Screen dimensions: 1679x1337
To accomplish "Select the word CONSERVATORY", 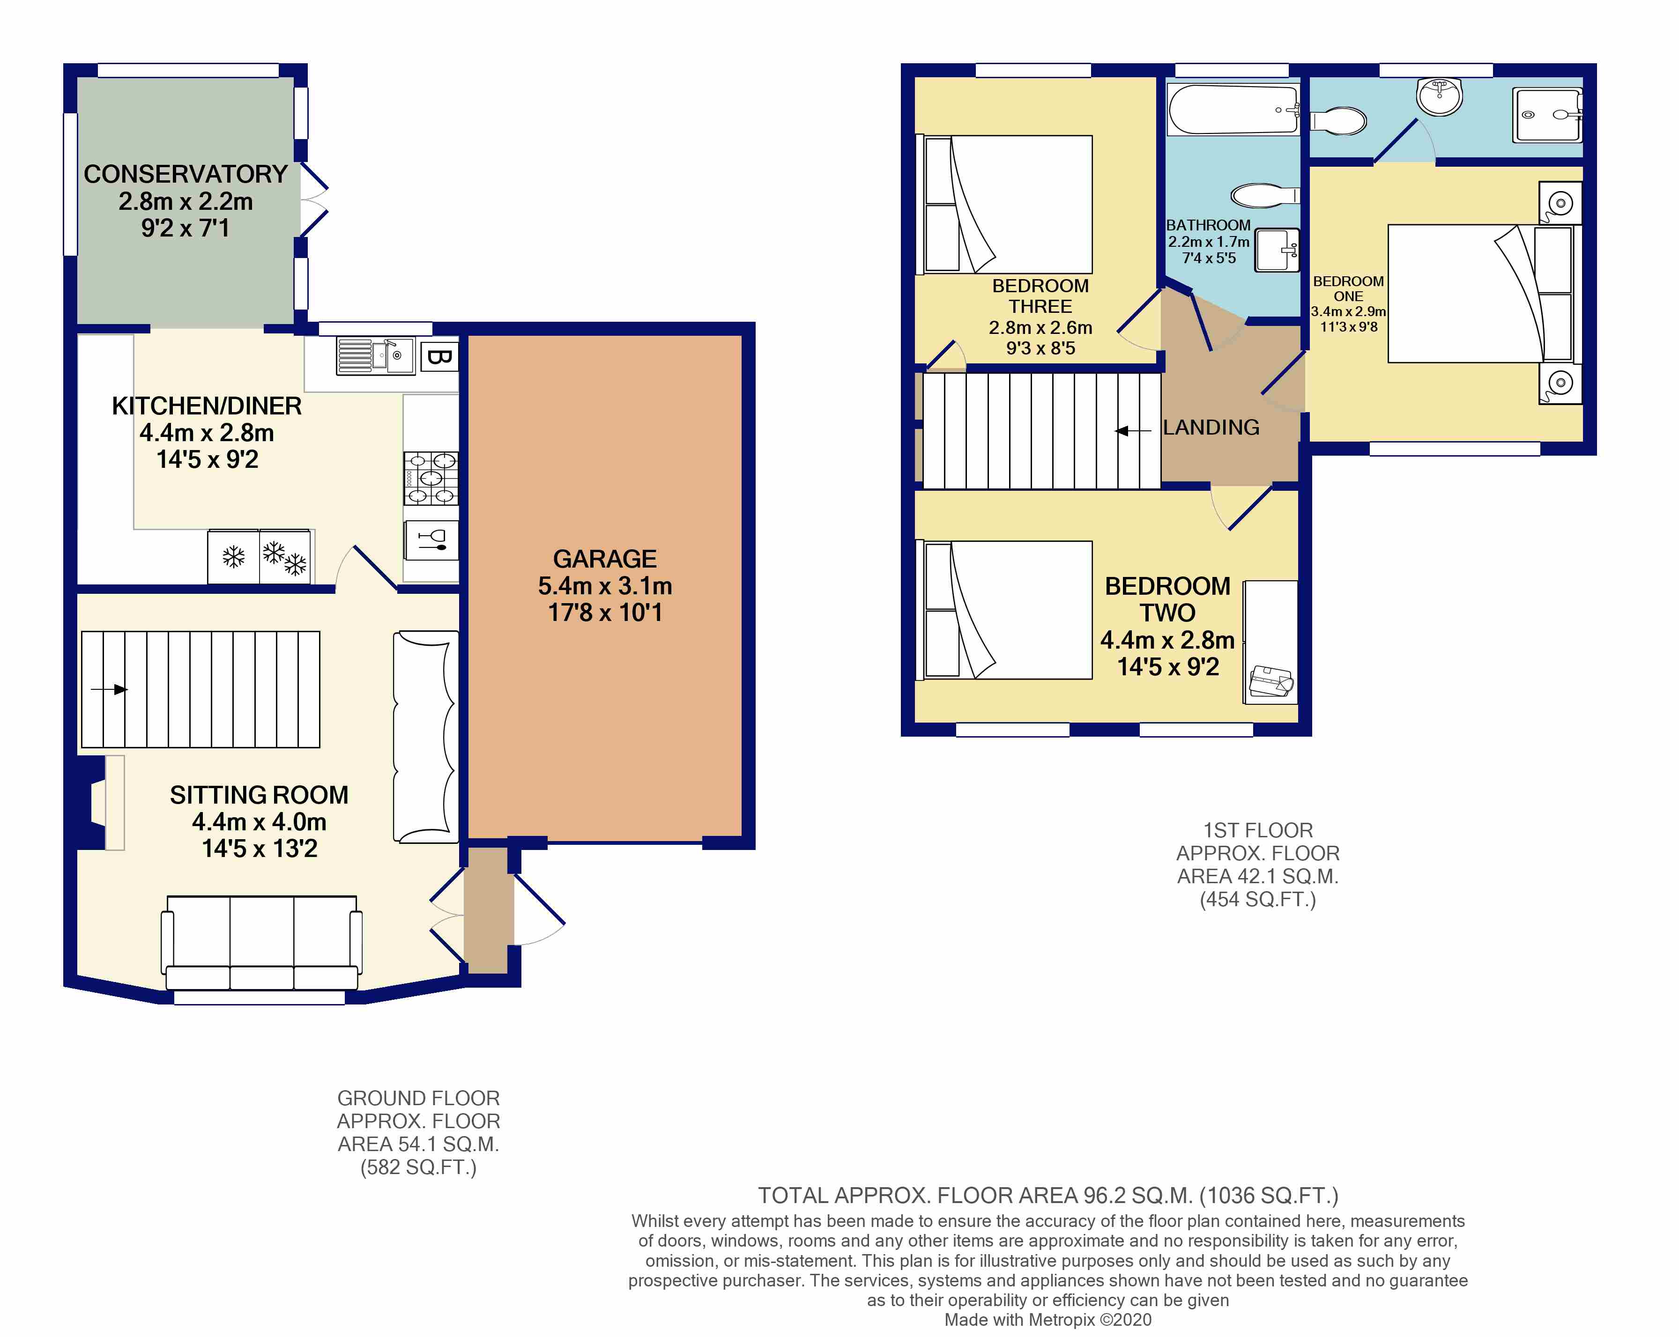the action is point(186,174).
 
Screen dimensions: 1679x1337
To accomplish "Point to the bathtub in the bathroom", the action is point(1233,110).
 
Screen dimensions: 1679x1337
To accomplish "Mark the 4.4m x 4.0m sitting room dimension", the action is point(260,821).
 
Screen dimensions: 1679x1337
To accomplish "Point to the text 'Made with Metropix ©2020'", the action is point(1048,1320).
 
